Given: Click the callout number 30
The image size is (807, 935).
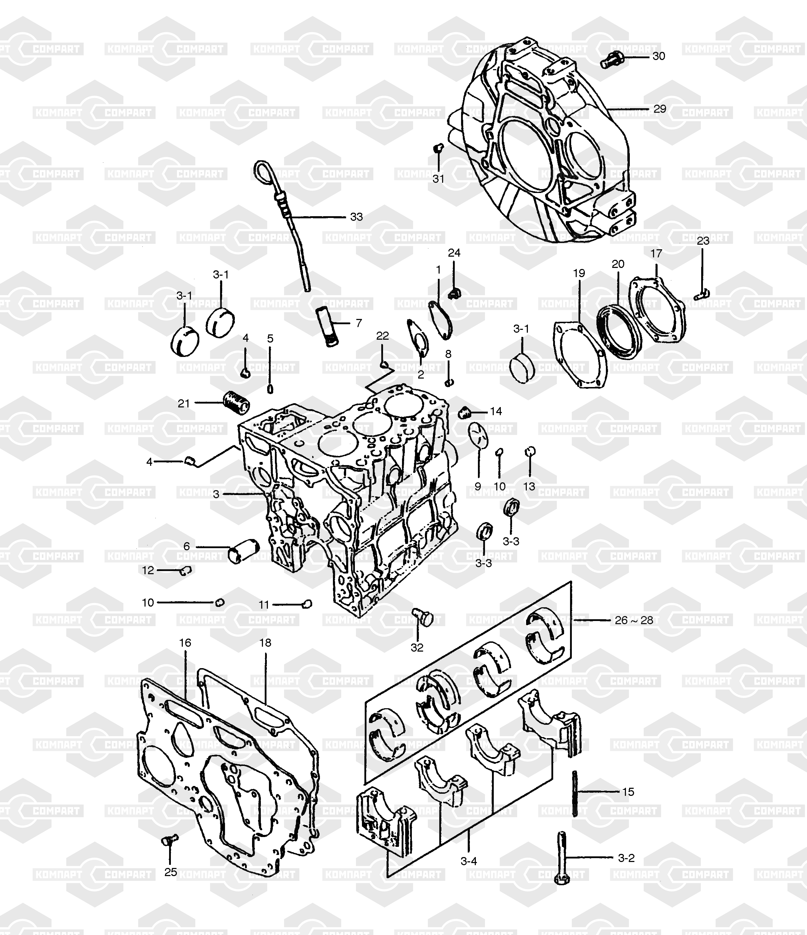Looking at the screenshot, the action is (x=659, y=56).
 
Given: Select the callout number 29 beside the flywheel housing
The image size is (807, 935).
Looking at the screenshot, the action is (x=660, y=109).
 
